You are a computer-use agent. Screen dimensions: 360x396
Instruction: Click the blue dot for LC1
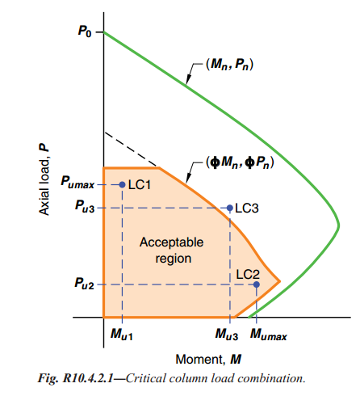point(122,184)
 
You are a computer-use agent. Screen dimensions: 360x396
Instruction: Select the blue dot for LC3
point(229,208)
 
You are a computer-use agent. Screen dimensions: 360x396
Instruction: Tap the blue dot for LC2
point(257,284)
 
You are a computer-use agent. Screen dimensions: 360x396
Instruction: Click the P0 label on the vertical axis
point(85,32)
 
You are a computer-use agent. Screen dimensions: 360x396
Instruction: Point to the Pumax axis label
point(77,182)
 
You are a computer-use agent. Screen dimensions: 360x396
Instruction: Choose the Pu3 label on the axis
point(85,206)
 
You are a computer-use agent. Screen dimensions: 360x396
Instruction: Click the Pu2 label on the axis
point(85,284)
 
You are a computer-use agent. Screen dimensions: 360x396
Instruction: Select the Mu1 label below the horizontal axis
point(122,335)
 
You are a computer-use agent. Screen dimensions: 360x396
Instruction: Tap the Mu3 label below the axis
point(227,335)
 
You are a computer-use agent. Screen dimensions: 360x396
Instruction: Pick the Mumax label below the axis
point(269,335)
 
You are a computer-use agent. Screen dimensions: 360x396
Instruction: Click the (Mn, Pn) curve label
point(229,65)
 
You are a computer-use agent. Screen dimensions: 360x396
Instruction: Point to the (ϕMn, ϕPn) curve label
point(240,162)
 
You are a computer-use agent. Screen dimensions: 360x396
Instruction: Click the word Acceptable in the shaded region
point(171,242)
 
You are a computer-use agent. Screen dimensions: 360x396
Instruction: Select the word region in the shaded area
point(174,259)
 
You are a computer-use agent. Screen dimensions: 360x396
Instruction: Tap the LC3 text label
point(247,209)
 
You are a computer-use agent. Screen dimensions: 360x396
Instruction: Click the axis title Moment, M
point(208,360)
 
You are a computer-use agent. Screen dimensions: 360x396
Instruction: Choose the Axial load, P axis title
point(44,179)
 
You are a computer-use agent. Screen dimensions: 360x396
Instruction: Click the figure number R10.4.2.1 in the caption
point(88,378)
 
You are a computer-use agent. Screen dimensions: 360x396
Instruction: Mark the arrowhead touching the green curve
point(188,80)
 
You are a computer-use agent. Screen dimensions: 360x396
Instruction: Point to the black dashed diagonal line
point(131,149)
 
